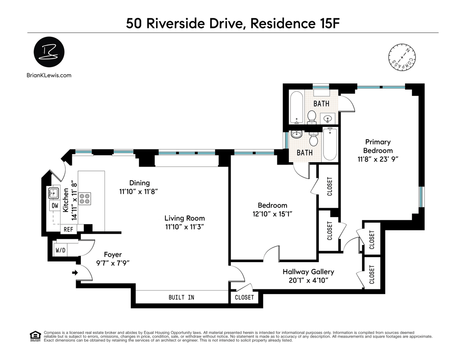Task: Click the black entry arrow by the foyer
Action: tap(75, 273)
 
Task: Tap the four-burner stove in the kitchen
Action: tap(85, 198)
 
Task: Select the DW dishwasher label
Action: tap(55, 205)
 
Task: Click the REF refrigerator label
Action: tap(68, 230)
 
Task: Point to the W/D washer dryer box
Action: tap(61, 250)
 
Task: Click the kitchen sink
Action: tap(54, 193)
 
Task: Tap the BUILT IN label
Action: tap(181, 297)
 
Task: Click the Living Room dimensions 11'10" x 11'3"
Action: tap(184, 227)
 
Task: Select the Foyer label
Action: tap(113, 254)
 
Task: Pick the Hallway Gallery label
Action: tap(308, 272)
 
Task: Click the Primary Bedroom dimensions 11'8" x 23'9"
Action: tap(378, 159)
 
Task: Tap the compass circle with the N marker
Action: tap(402, 57)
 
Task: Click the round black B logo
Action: tap(49, 52)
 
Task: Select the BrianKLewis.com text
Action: tap(49, 75)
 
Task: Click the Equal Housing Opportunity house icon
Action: tap(35, 336)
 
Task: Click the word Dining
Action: tap(139, 183)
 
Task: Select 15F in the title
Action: tap(327, 23)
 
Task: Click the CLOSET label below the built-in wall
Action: tap(244, 297)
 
